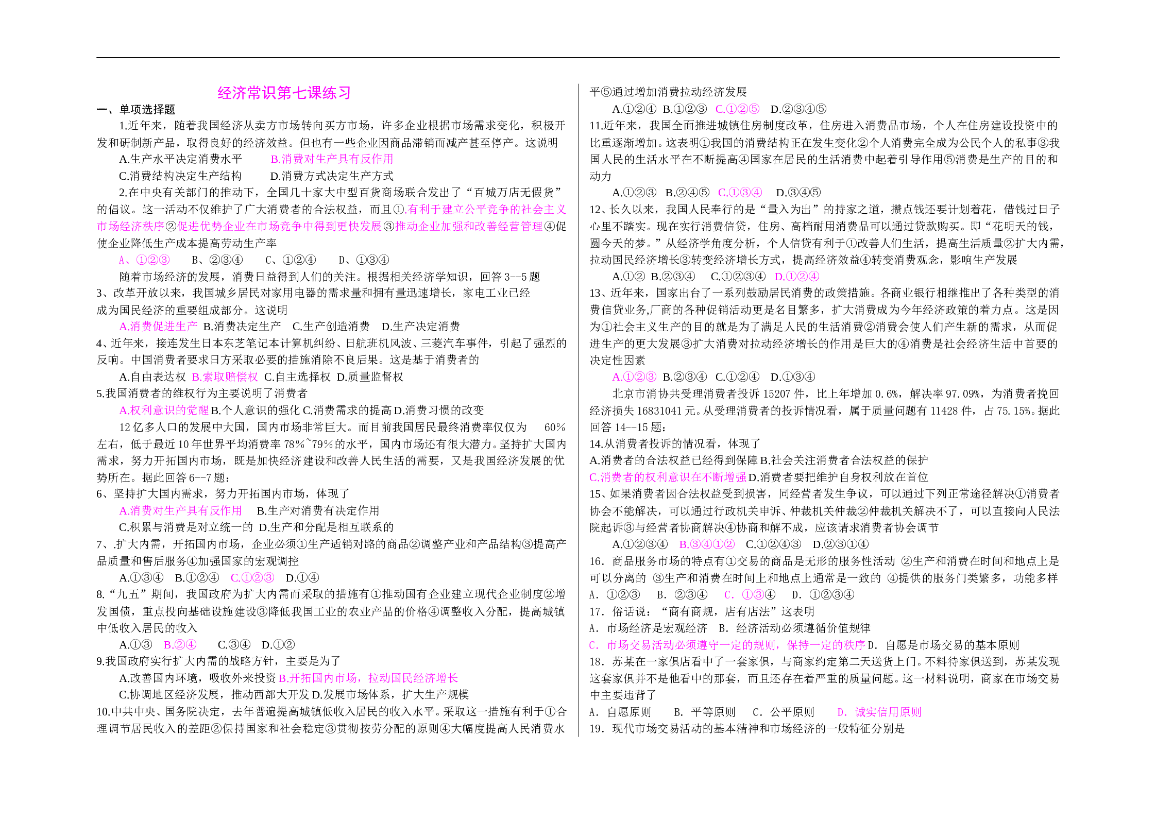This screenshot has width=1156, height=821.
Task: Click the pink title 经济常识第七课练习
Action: click(284, 93)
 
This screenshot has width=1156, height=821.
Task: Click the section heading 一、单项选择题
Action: click(136, 109)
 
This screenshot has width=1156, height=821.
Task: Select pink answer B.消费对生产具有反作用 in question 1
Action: click(332, 159)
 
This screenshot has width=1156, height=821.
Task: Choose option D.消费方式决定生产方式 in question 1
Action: click(332, 176)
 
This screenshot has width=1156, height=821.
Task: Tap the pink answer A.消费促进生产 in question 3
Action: click(158, 327)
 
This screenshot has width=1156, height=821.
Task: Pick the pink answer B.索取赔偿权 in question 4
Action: click(225, 377)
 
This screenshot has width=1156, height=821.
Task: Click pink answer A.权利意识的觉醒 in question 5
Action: click(164, 410)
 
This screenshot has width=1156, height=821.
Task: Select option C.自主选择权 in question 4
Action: click(297, 377)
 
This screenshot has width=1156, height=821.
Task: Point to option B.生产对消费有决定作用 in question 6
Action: click(318, 511)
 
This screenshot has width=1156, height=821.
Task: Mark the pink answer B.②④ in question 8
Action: click(180, 645)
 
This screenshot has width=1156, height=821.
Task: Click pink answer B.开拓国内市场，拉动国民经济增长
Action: click(368, 678)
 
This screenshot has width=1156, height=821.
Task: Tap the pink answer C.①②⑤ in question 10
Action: click(737, 109)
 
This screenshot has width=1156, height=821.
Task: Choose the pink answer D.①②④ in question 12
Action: click(796, 277)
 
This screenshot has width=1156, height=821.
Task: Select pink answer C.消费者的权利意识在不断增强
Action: click(668, 477)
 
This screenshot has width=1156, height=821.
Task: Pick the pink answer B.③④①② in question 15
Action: click(707, 544)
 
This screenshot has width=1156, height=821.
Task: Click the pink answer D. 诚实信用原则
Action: click(879, 712)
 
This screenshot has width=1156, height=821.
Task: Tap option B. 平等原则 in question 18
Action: click(705, 712)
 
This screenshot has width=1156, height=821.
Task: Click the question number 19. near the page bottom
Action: click(598, 729)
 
